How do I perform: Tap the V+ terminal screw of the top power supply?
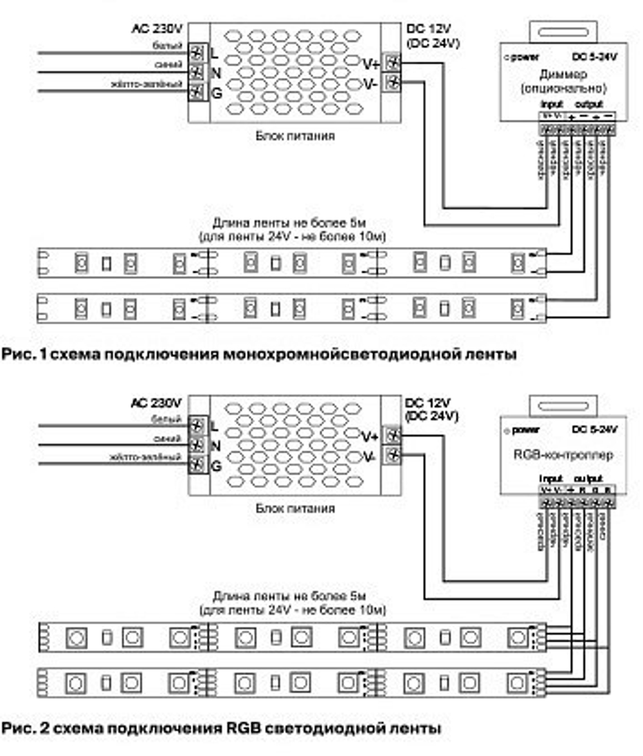pyautogui.click(x=392, y=63)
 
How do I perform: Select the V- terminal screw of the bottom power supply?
pyautogui.click(x=392, y=456)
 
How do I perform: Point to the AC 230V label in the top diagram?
pyautogui.click(x=157, y=29)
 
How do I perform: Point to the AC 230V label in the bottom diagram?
pyautogui.click(x=156, y=403)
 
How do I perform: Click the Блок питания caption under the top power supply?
pyautogui.click(x=294, y=136)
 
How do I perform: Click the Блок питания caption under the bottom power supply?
pyautogui.click(x=294, y=508)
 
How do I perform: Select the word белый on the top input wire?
pyautogui.click(x=162, y=46)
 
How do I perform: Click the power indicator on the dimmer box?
pyautogui.click(x=508, y=57)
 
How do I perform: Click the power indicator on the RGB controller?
pyautogui.click(x=508, y=430)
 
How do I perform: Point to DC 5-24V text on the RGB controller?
pyautogui.click(x=595, y=429)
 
